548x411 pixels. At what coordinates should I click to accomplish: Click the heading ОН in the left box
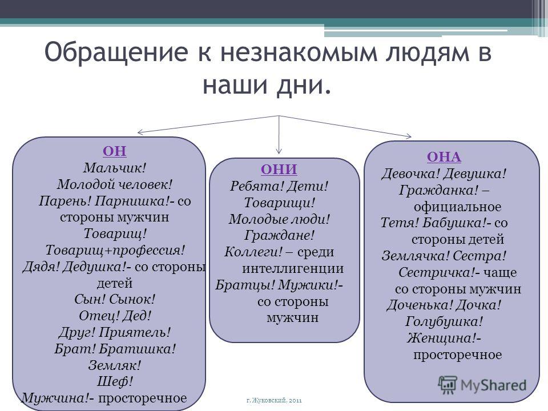point(115,151)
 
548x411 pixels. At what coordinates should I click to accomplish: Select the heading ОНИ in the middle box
point(279,170)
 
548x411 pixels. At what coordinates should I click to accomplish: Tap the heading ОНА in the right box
point(444,157)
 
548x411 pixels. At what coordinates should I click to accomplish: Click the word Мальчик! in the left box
point(114,168)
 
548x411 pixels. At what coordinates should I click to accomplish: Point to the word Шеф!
point(115,381)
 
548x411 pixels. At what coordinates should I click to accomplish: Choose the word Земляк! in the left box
point(114,365)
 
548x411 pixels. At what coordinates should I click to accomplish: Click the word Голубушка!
point(444,321)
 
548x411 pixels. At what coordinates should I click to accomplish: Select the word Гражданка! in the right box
point(438,191)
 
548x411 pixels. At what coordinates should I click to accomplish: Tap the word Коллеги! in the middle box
point(253,252)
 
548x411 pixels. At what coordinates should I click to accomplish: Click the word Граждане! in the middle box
point(279,235)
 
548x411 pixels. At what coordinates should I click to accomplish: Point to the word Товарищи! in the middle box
point(279,203)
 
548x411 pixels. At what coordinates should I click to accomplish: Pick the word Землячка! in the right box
point(415,256)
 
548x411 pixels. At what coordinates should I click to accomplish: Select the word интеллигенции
point(293,268)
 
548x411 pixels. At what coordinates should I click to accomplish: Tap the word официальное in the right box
point(457,207)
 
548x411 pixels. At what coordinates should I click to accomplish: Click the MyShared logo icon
point(448,385)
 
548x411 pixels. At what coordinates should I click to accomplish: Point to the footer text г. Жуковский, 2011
point(274,401)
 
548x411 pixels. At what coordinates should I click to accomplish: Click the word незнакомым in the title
point(299,53)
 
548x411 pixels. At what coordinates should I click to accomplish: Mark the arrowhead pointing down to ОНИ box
point(279,151)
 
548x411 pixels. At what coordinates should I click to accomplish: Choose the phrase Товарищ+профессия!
point(115,250)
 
